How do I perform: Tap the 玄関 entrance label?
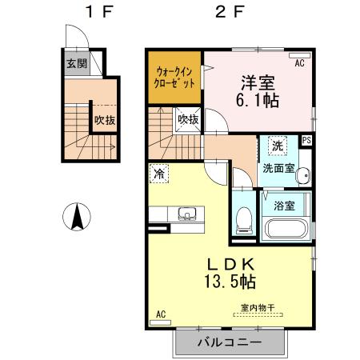point(76,64)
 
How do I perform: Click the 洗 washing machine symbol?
point(276,146)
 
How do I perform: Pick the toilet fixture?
point(245,218)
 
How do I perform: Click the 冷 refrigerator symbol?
point(160,173)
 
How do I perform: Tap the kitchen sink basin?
point(188,214)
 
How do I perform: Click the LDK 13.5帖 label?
point(231,272)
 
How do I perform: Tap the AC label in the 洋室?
point(300,62)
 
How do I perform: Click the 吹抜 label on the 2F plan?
point(188,119)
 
